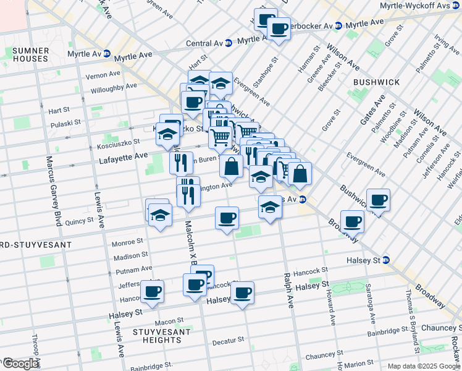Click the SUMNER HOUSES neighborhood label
(x=30, y=54)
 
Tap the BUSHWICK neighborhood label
(x=376, y=82)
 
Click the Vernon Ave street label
(x=103, y=74)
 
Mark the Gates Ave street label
(x=373, y=110)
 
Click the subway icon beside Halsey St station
(x=385, y=260)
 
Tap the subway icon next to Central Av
(x=229, y=43)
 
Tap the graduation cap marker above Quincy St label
(x=160, y=215)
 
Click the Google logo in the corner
(x=20, y=364)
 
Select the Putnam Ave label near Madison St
(x=133, y=269)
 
